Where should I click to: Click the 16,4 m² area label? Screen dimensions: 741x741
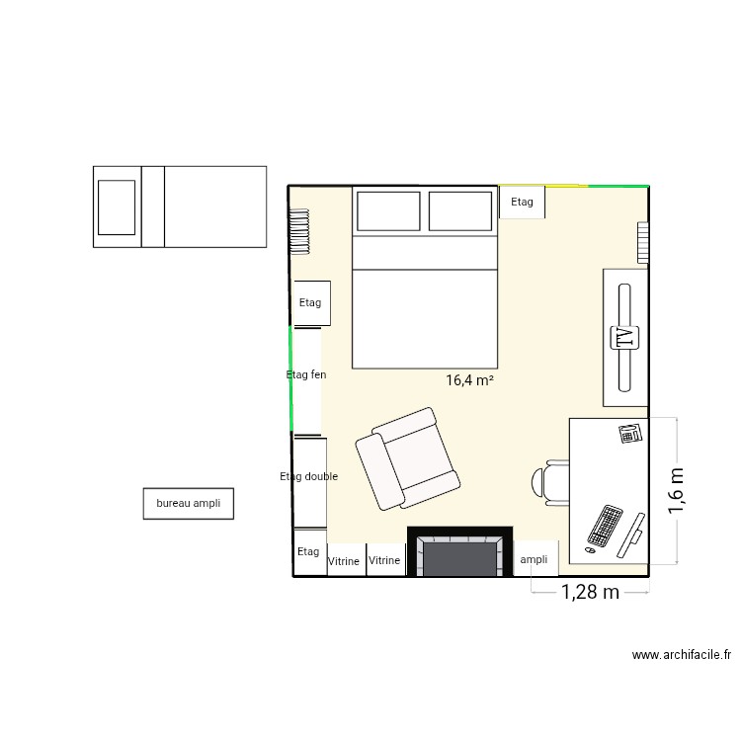pos(469,379)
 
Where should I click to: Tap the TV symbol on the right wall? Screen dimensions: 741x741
pos(624,337)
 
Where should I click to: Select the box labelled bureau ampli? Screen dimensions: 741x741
pos(188,503)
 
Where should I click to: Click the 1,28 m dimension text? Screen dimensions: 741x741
pos(590,593)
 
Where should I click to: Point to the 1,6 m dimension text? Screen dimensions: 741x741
pos(678,491)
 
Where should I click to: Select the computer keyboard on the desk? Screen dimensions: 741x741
pos(604,526)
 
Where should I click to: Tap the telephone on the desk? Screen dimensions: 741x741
pos(630,433)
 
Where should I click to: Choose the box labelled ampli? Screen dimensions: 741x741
pos(534,559)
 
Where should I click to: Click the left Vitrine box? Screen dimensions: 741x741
pos(344,560)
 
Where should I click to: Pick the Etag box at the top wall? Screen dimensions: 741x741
pos(522,203)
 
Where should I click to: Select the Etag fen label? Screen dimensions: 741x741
pos(306,374)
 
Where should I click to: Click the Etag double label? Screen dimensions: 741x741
pos(309,476)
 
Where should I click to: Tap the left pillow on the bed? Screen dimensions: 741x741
pos(387,211)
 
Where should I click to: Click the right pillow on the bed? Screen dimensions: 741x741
pos(459,211)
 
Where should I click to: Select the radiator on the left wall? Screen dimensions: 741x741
pos(298,231)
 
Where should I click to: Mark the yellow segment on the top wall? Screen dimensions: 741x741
pos(543,185)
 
